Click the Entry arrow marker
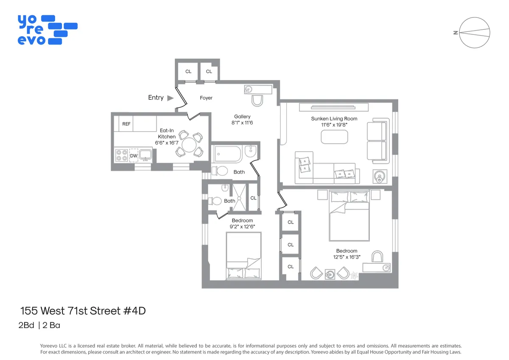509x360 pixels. [x=170, y=98]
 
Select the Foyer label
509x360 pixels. [x=206, y=98]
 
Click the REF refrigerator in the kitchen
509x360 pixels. [x=126, y=124]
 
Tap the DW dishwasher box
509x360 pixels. [x=134, y=156]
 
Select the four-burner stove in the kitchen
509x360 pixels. [x=121, y=155]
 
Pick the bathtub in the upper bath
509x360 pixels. [x=227, y=153]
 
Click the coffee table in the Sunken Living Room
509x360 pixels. [x=334, y=137]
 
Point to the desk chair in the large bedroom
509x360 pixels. [x=377, y=256]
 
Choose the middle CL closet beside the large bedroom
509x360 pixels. [x=291, y=245]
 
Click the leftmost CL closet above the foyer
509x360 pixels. [x=188, y=71]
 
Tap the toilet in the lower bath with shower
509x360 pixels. [x=216, y=201]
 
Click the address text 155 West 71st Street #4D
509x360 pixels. [x=83, y=311]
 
